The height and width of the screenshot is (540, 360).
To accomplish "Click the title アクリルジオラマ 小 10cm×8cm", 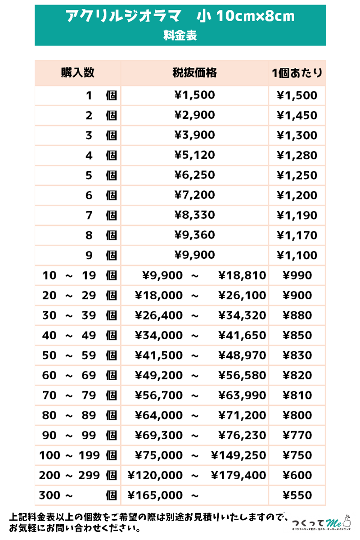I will pyautogui.click(x=180, y=17).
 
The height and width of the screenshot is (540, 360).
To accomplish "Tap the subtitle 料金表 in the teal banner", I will pyautogui.click(x=180, y=36).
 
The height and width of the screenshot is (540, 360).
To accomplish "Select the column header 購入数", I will pyautogui.click(x=78, y=73).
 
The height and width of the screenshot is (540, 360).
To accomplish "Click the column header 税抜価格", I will pyautogui.click(x=194, y=73).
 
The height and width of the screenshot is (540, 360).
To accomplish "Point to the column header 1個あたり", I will pyautogui.click(x=297, y=73).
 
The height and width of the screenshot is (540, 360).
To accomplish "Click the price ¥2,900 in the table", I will pyautogui.click(x=194, y=115).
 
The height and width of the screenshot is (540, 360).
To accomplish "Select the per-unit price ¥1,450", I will pyautogui.click(x=297, y=115).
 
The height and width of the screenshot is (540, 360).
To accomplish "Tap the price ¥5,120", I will pyautogui.click(x=194, y=155).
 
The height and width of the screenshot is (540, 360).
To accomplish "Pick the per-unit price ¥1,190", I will pyautogui.click(x=297, y=216).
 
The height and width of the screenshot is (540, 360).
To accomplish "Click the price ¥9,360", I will pyautogui.click(x=194, y=235).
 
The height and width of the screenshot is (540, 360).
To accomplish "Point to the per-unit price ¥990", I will pyautogui.click(x=297, y=275).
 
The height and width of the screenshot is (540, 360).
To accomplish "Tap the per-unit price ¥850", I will pyautogui.click(x=297, y=336).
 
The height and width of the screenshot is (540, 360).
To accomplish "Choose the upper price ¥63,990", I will pyautogui.click(x=242, y=396).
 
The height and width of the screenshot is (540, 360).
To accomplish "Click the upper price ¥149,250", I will pyautogui.click(x=238, y=455).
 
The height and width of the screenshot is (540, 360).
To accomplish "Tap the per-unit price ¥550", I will pyautogui.click(x=297, y=495).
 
